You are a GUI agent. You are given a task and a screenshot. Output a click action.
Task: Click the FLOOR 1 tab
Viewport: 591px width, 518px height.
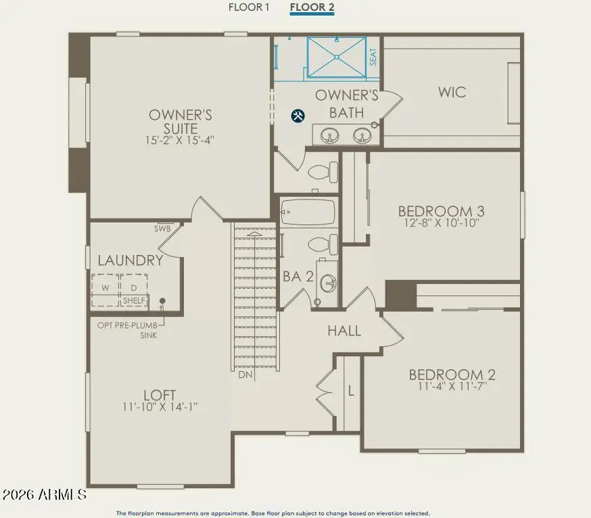coord(249,7)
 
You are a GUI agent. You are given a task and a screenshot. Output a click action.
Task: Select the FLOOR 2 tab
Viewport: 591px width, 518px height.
coord(312,7)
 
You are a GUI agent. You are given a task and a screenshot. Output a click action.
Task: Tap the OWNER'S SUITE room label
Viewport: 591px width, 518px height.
coord(181,122)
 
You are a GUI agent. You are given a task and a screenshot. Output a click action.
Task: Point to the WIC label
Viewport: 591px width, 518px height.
coord(452,92)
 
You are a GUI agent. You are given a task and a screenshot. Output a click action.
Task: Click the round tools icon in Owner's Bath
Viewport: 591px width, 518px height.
coord(298,116)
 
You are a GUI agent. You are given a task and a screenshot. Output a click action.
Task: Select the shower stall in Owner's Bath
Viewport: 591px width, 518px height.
coord(336,57)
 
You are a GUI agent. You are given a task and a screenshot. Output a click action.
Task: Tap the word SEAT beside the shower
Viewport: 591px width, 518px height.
coord(373,57)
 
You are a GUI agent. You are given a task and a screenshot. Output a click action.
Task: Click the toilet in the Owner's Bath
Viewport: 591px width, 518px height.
coord(324,172)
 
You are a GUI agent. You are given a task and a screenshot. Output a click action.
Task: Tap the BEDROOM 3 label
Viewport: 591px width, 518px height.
coord(441,211)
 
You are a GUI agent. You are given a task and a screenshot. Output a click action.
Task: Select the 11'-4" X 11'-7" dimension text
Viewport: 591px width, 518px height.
coord(448,387)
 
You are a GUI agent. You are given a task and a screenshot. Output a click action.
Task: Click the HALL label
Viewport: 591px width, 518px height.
coord(344,331)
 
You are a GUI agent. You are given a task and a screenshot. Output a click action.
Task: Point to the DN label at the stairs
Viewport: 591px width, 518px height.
coord(245,374)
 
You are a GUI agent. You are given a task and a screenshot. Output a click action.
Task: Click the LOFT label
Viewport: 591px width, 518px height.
coord(160,395)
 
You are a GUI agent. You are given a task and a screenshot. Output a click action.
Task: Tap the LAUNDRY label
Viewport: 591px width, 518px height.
coord(131,260)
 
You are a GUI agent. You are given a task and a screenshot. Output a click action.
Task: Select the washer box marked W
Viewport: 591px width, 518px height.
coord(105,287)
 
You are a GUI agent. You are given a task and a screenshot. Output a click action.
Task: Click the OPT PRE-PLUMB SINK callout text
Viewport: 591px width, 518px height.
coord(128,329)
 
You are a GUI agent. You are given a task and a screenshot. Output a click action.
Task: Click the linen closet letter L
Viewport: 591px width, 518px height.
coord(350,390)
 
